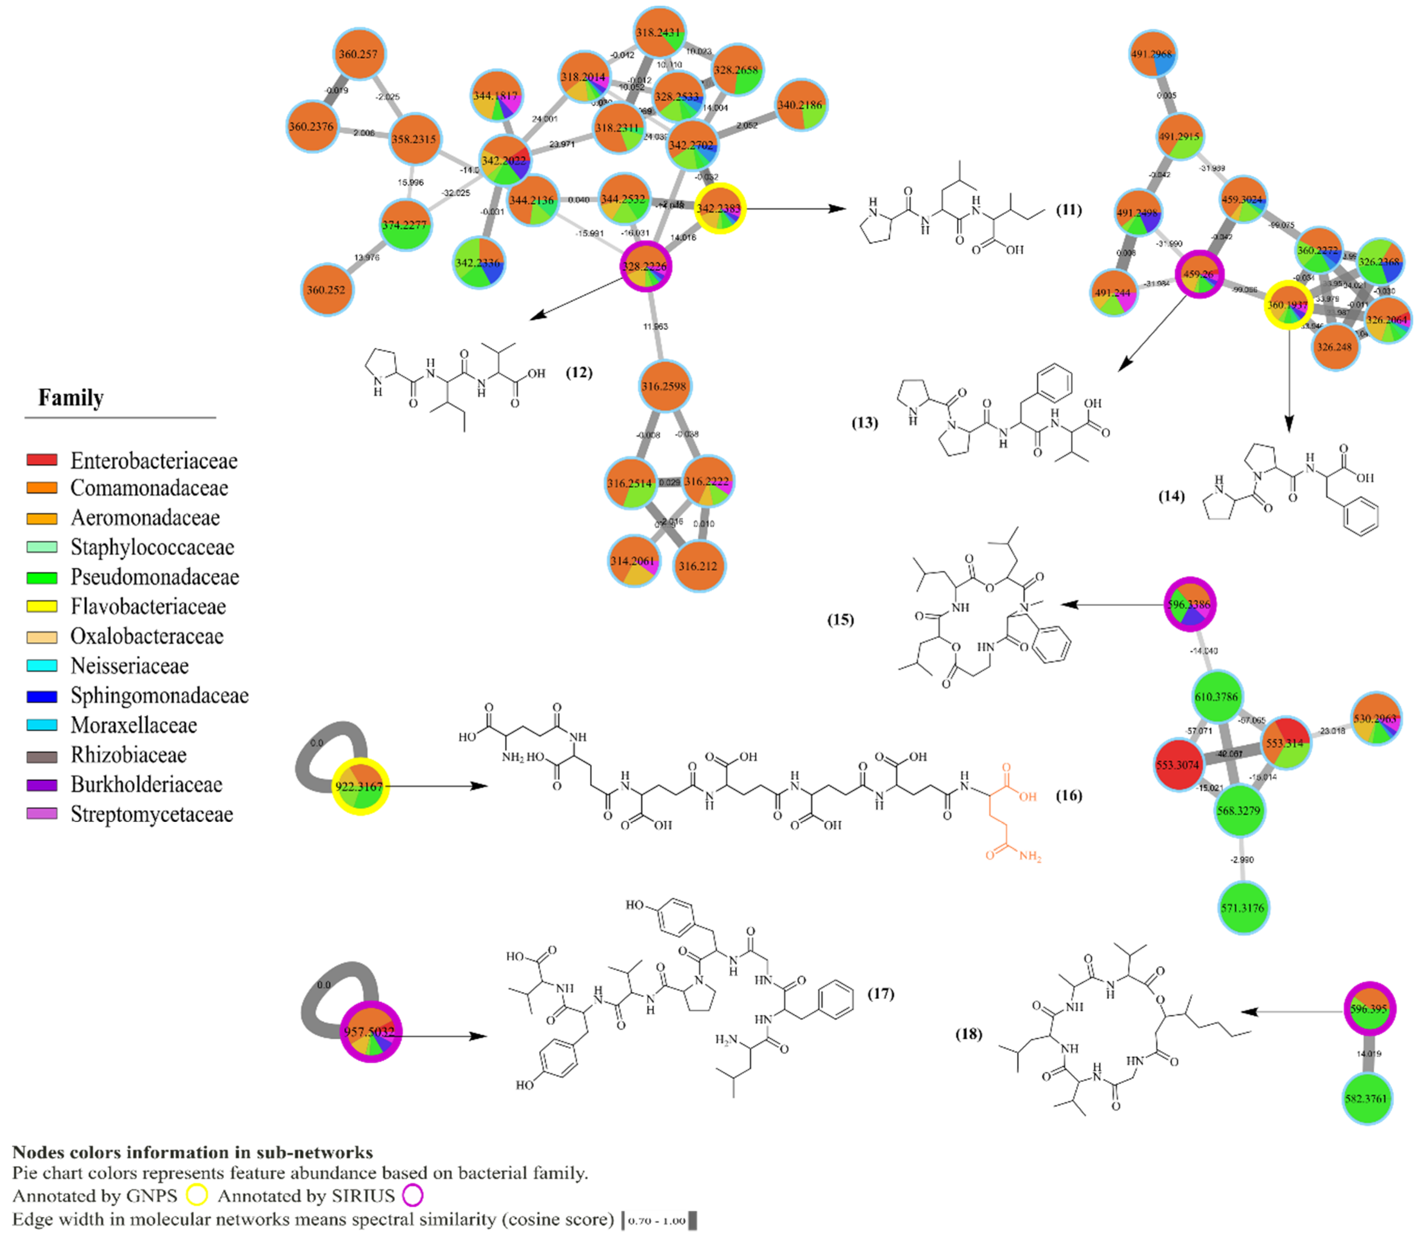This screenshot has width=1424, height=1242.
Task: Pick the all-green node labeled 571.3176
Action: coord(1243,908)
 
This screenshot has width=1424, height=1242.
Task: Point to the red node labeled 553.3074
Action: coord(1179,765)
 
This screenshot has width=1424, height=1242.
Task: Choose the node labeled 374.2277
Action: coord(405,225)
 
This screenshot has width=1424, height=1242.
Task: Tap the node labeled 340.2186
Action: coord(800,105)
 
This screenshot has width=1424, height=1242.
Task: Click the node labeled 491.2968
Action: coord(1152,54)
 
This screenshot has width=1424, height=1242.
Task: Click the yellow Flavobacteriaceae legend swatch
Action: coord(42,606)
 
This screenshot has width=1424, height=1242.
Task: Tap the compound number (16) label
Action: coord(1068,795)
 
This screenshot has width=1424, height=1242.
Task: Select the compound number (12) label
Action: coord(579,373)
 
